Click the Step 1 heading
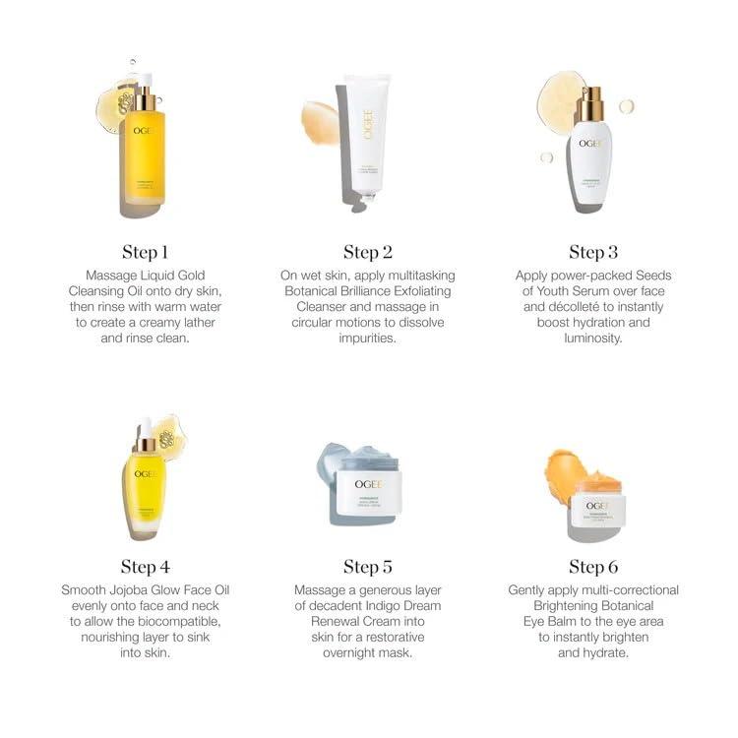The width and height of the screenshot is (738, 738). point(146,252)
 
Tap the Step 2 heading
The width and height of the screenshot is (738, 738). point(368,252)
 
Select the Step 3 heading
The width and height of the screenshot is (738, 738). point(592,252)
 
